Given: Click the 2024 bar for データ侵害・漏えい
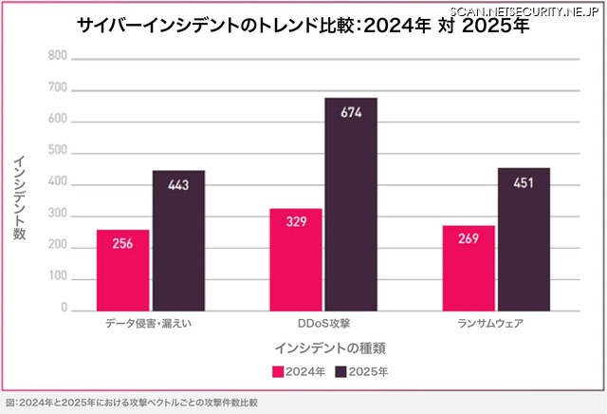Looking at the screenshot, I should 122,270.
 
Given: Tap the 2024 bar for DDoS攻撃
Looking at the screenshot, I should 296,258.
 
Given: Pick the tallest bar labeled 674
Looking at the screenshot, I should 351,203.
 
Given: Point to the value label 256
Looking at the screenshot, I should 122,242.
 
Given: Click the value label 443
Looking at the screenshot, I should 178,184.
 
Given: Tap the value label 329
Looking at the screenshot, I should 296,220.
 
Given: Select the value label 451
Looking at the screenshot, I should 524,181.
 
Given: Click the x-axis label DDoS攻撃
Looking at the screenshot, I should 322,324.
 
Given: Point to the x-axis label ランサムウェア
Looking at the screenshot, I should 496,324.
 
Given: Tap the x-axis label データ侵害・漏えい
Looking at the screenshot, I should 151,324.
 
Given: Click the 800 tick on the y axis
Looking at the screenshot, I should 57,56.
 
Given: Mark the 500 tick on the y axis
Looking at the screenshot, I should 57,151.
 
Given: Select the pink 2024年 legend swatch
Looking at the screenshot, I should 278,371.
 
